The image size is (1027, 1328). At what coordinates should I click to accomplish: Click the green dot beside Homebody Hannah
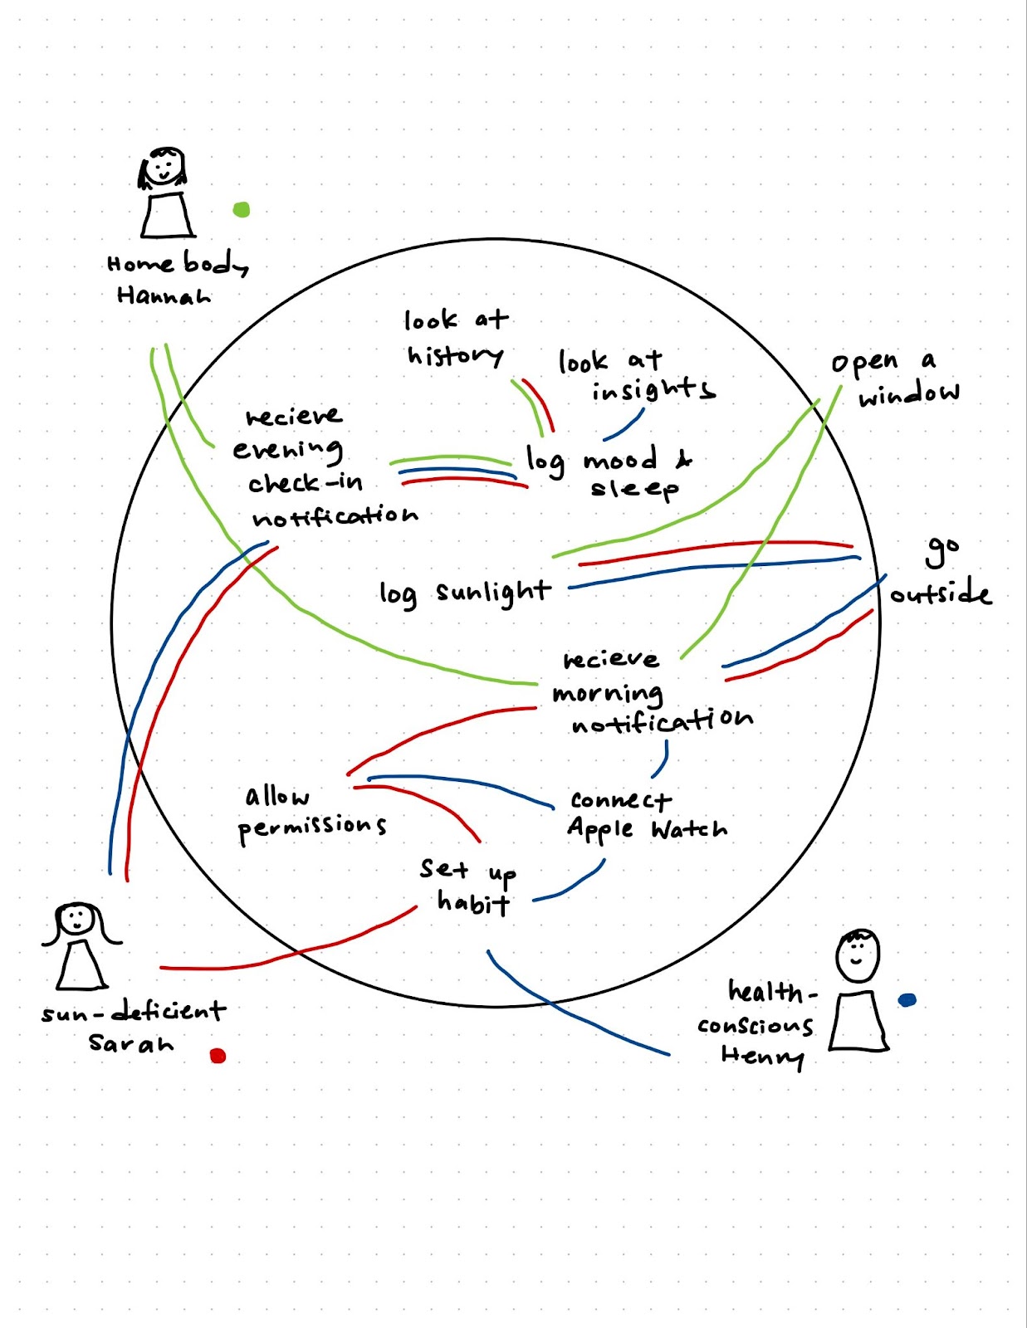pos(241,209)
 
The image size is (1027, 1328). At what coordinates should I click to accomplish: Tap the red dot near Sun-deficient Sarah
pos(218,1056)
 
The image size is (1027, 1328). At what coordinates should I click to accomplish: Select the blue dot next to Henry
pos(907,1000)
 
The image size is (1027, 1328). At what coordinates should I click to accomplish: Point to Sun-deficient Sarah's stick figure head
pos(77,919)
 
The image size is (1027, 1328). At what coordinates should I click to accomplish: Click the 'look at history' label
pos(456,339)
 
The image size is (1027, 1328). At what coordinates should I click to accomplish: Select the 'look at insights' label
pos(635,375)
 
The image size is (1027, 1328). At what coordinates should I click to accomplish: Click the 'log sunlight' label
pos(465,593)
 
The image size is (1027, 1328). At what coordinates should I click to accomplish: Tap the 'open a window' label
pos(895,378)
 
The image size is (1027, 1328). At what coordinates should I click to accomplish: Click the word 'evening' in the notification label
pos(287,450)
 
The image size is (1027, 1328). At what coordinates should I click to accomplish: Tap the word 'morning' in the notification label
pos(608,693)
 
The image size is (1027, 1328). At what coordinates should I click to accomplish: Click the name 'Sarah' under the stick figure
pos(131,1043)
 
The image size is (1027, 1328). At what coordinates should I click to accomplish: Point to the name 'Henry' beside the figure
pos(762,1056)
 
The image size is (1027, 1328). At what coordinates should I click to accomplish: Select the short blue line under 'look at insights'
pos(624,424)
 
